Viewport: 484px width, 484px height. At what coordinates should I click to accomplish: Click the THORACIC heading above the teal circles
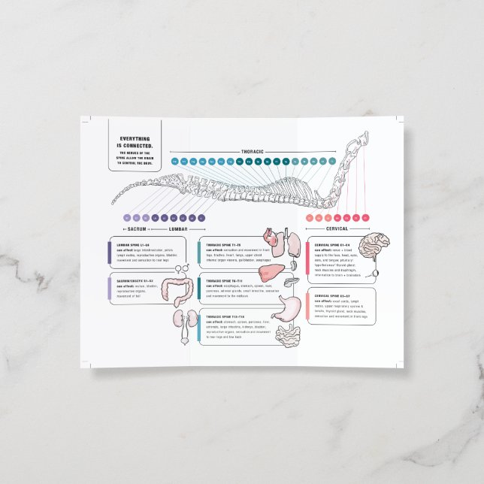tap(253, 152)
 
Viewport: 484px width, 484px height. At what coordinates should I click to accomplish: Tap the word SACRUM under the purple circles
tap(136, 228)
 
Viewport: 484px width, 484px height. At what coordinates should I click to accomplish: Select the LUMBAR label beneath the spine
tap(177, 228)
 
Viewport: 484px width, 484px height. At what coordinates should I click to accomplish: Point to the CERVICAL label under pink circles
tap(337, 228)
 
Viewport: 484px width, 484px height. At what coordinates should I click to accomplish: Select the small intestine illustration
tap(286, 336)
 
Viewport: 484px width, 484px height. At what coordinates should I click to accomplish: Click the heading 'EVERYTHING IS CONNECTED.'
tap(135, 141)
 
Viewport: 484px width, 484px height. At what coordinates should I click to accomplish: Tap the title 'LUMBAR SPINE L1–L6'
tap(133, 245)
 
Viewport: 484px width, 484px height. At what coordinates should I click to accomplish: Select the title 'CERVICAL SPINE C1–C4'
tap(333, 245)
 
